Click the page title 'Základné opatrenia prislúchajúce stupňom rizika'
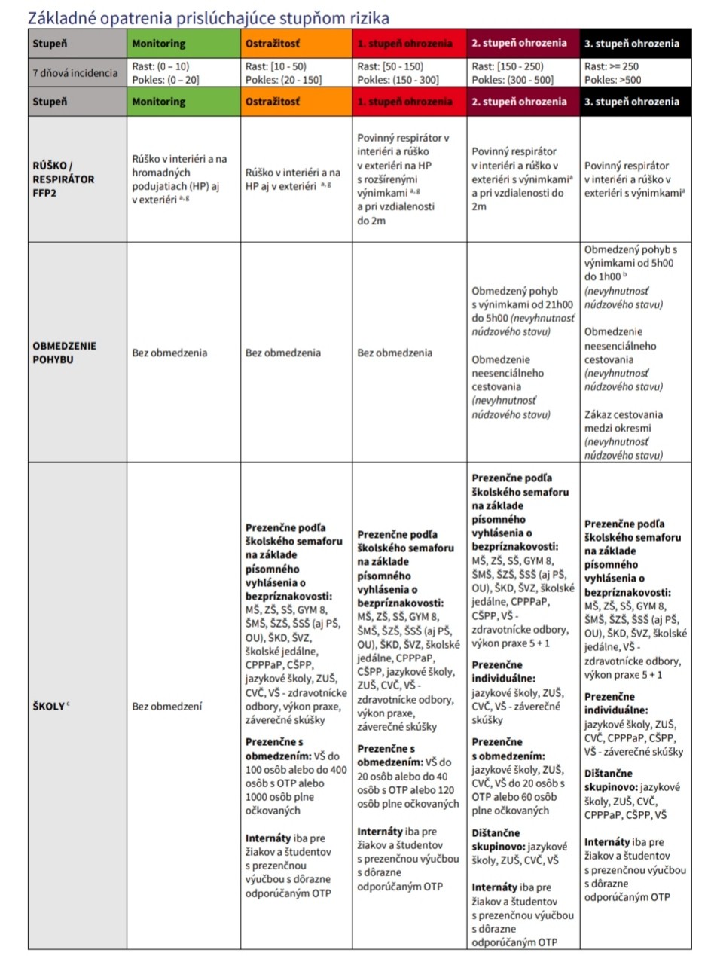[209, 16]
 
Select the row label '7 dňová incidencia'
[75, 73]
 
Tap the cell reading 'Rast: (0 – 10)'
[161, 66]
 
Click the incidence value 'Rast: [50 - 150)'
[392, 66]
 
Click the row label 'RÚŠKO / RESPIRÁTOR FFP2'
[64, 179]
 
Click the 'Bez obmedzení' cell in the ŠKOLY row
[166, 707]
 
